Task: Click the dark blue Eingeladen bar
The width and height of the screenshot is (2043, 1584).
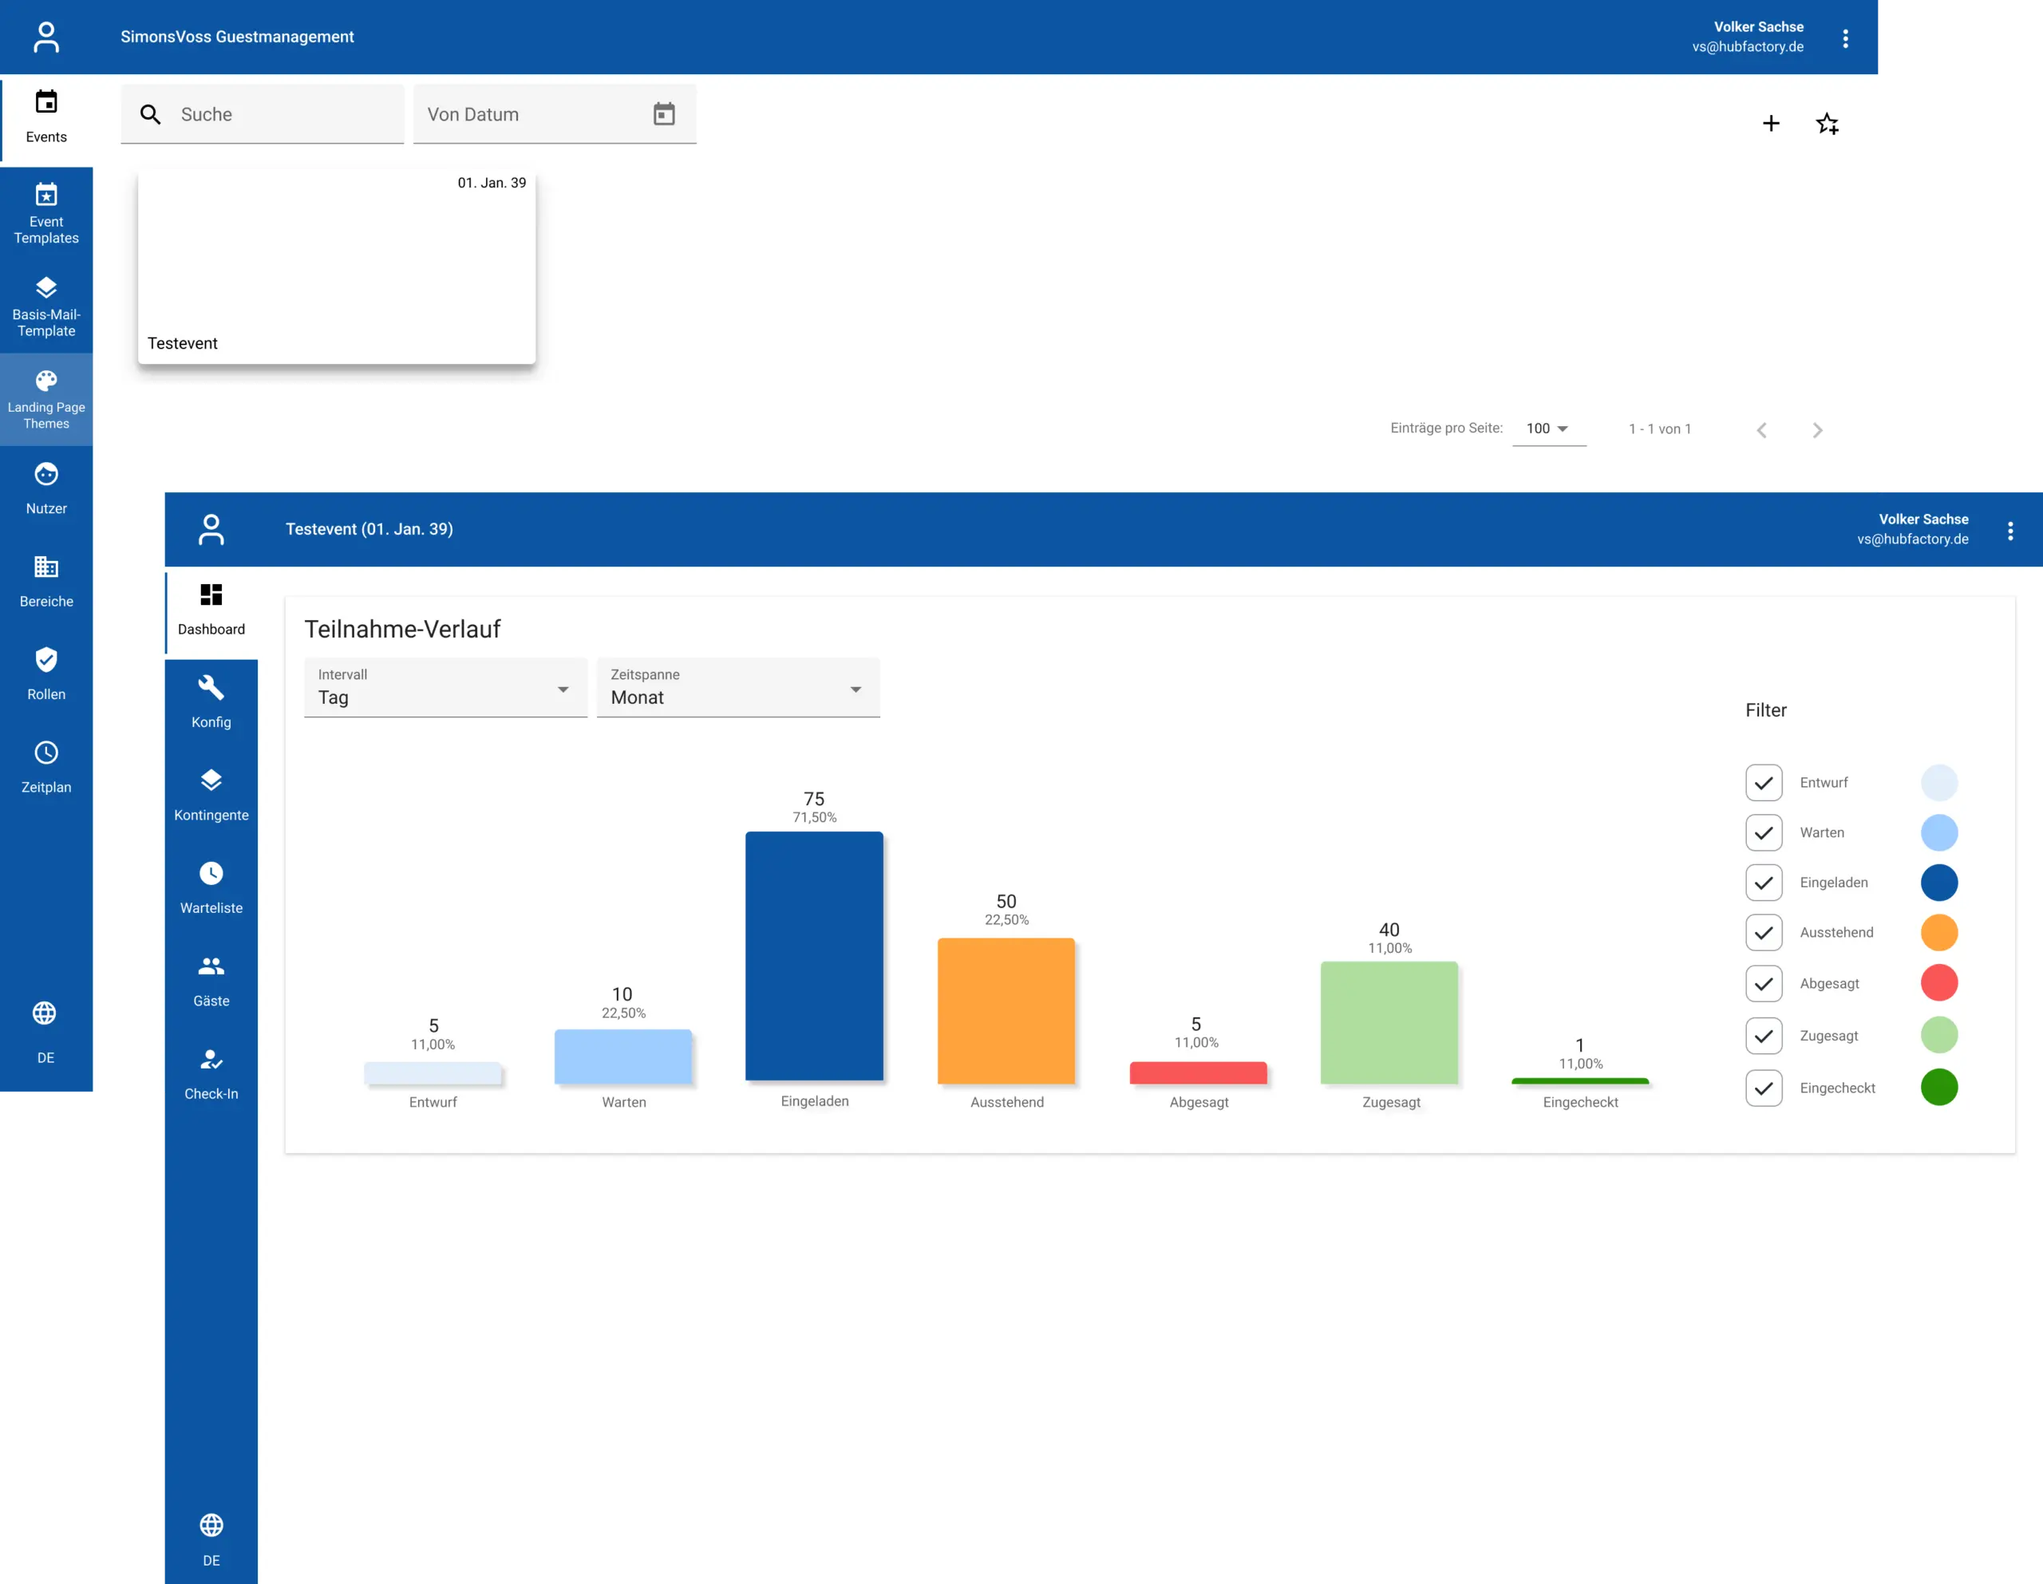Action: click(814, 955)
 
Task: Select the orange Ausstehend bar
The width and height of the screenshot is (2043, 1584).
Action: click(1006, 1010)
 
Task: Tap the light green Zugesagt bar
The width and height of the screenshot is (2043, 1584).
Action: click(1389, 1023)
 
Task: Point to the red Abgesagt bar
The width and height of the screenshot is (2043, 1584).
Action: click(1199, 1072)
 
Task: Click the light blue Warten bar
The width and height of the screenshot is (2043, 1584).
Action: click(623, 1057)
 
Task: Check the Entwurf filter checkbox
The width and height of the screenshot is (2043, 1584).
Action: click(1764, 783)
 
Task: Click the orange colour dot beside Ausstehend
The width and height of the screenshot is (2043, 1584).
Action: click(1939, 933)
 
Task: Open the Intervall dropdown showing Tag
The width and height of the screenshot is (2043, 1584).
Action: click(445, 688)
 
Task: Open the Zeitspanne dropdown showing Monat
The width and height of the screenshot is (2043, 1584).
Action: click(738, 688)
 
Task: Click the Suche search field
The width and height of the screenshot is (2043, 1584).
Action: click(262, 114)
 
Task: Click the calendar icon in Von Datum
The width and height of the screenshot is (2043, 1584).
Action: click(664, 114)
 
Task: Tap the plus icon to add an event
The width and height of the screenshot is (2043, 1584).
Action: click(1771, 124)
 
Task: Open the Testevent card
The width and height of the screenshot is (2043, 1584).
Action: click(337, 267)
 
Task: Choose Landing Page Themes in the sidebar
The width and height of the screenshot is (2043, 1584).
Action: click(45, 400)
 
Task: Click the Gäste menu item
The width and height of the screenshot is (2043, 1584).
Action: click(211, 982)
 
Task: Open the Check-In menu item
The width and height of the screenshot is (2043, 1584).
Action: click(211, 1075)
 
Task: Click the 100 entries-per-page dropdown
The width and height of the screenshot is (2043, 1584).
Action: click(1548, 429)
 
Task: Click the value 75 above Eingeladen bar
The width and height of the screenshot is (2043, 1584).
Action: click(814, 799)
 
